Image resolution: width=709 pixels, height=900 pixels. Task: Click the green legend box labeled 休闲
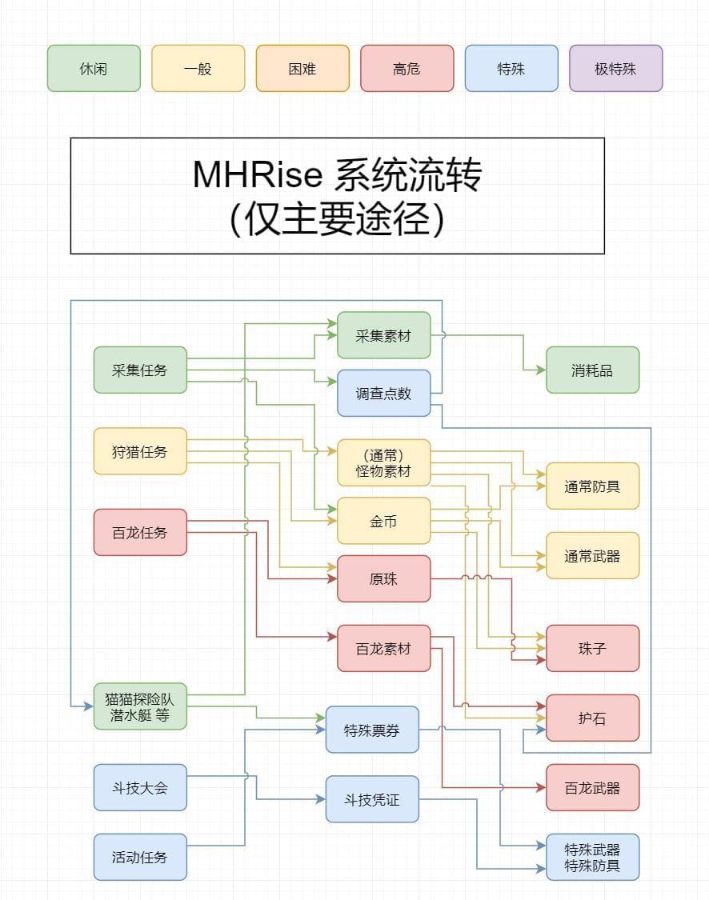(94, 69)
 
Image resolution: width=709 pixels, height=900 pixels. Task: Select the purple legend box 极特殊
(615, 69)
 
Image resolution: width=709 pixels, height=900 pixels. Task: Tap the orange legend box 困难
(302, 69)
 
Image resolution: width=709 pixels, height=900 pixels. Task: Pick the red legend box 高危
(407, 69)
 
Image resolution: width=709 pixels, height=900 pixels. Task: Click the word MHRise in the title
(258, 175)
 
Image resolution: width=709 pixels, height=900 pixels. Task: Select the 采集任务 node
(140, 370)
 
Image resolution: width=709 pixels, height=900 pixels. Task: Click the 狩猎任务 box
(140, 451)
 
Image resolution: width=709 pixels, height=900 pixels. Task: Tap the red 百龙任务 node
(140, 532)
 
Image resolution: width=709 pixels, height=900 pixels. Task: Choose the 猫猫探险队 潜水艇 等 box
(140, 706)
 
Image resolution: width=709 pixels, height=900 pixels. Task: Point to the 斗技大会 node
(140, 787)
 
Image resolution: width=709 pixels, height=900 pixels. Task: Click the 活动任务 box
(140, 857)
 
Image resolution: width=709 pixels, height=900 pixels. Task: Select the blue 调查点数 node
(383, 394)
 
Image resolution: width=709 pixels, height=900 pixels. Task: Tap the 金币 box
(383, 521)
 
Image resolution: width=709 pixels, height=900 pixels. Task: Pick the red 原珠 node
(383, 579)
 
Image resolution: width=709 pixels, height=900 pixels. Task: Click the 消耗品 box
(592, 370)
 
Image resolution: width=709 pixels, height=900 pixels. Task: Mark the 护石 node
(592, 718)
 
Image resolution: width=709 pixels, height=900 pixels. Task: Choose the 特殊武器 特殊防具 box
(592, 857)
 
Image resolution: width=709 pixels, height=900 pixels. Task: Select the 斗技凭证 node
(371, 799)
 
